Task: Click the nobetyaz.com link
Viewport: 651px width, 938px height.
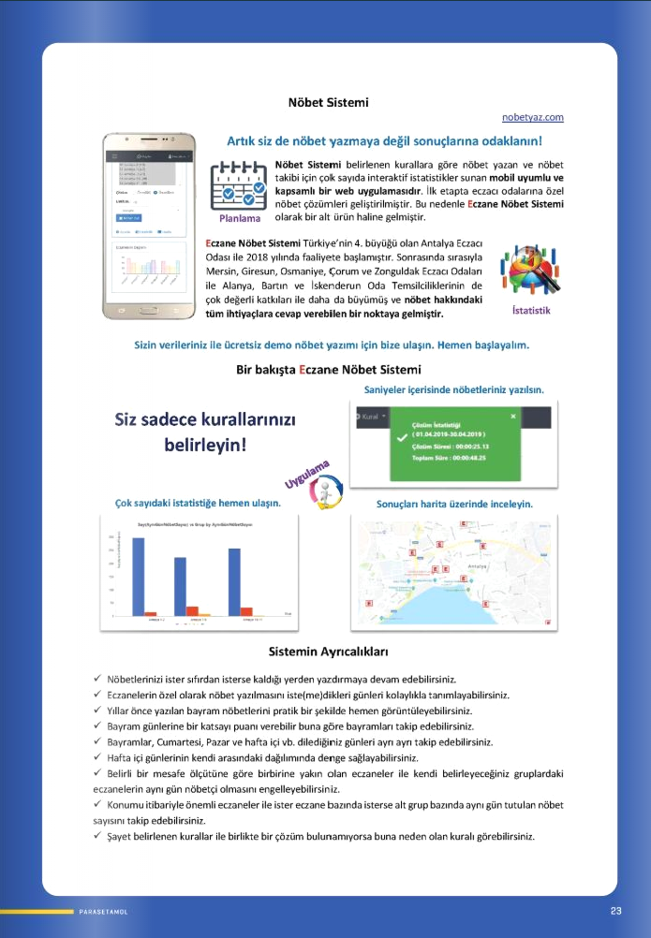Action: point(532,117)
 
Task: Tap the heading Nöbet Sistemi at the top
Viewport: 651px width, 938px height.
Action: point(328,101)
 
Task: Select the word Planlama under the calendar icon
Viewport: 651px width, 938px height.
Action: point(239,220)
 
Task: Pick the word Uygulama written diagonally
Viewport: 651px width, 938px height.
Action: point(308,473)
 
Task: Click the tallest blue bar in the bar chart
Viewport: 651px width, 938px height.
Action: point(138,575)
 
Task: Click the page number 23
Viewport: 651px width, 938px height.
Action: point(615,910)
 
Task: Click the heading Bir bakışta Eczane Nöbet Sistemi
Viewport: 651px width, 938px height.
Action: point(328,369)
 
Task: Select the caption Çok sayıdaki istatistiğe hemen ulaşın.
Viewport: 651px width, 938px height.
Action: point(197,504)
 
